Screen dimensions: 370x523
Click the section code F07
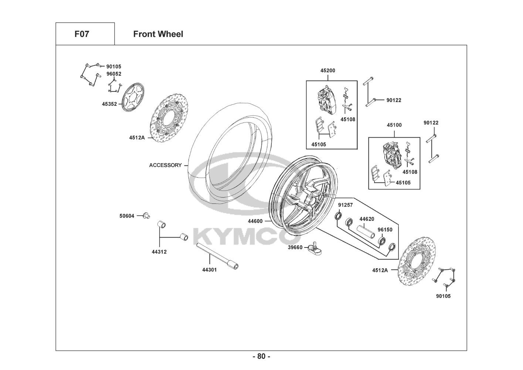point(82,34)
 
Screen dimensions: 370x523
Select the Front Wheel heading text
point(158,34)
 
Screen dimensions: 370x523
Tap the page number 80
point(261,356)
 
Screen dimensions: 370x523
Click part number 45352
point(109,104)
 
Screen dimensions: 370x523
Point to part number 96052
point(114,74)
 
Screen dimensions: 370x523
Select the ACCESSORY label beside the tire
point(165,165)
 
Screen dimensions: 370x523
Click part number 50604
point(127,216)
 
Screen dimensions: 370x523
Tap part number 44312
point(159,252)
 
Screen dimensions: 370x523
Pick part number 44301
point(209,270)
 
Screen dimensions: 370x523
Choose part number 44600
point(255,221)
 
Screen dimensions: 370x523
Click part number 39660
point(295,247)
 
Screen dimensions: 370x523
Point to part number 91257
point(346,205)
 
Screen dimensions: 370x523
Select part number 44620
point(367,219)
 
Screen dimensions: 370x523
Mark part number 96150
point(385,230)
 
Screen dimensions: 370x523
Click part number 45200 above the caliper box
point(328,70)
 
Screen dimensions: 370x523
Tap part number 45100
point(394,125)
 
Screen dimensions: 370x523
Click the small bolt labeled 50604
point(147,215)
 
